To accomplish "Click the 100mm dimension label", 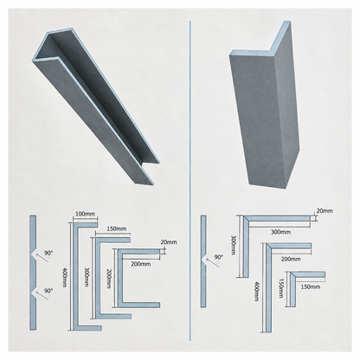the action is pos(85,214).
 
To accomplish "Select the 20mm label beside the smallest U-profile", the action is pos(169,242).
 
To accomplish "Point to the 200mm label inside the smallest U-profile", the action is pos(141,264).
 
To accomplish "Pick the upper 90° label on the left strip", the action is pos(48,253).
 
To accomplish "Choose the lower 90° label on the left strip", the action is pos(48,291).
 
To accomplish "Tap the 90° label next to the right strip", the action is pos(219,257).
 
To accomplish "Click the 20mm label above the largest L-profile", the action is pos(325,210).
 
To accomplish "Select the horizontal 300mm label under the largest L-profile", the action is pos(280,232).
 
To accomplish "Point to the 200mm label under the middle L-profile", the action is pos(291,259).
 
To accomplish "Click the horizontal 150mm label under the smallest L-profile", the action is pos(311,286).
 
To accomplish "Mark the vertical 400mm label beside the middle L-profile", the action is pos(256,292).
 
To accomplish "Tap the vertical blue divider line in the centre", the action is pos(190,181).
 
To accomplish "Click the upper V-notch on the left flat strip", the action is pos(34,254).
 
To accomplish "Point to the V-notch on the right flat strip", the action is pos(204,259).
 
